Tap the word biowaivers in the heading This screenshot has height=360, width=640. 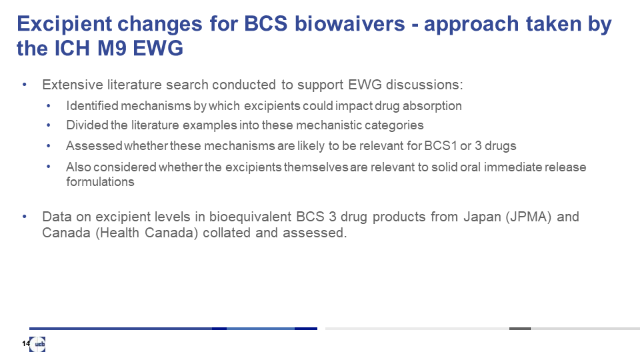(350, 23)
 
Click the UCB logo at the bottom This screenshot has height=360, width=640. (37, 344)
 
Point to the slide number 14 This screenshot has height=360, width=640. (26, 344)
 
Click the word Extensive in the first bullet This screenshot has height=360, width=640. (73, 85)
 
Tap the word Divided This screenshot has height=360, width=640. (88, 125)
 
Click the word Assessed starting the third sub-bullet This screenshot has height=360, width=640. (94, 146)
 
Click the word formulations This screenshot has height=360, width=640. (101, 181)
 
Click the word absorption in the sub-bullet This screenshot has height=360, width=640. (432, 106)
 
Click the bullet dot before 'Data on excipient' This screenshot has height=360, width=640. (25, 216)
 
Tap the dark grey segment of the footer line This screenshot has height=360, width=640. (520, 329)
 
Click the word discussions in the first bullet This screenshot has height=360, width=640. (425, 85)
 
